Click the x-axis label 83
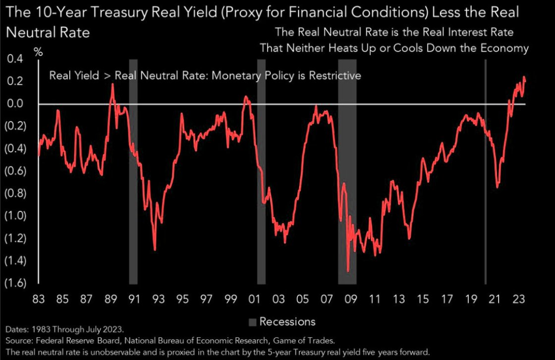[x=39, y=300]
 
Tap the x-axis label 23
[x=519, y=300]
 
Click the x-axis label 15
[x=423, y=300]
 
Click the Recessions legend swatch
[x=252, y=322]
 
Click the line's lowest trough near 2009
[x=348, y=271]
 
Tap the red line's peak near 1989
[x=112, y=84]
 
